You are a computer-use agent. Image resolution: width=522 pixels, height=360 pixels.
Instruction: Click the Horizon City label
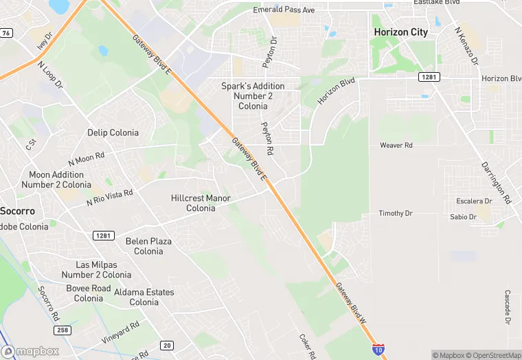pos(400,32)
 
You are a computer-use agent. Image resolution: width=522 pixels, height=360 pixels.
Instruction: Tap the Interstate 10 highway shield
pos(378,349)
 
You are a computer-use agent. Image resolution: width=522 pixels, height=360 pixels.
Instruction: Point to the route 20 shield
pos(167,345)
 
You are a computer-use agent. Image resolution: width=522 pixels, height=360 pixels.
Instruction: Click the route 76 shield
pos(5,32)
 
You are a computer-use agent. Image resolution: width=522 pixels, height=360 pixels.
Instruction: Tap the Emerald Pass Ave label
pos(284,10)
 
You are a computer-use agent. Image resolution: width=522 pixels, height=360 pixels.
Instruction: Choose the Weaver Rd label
pos(396,146)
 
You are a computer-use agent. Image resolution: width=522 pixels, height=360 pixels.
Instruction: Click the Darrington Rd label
pos(495,183)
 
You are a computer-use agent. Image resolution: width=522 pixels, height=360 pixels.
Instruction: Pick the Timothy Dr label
pos(396,214)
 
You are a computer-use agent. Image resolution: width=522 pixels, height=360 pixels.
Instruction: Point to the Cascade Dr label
pos(508,307)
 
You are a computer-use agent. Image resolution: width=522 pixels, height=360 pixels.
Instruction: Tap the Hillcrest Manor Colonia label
pos(201,203)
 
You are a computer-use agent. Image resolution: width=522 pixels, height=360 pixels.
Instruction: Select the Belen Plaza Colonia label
pos(148,246)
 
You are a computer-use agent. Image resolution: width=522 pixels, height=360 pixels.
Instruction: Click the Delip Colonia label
pos(113,133)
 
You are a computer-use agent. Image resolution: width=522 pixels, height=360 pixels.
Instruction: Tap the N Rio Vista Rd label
pos(109,198)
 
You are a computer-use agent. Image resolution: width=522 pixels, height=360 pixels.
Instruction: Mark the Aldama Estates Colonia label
pos(144,297)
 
